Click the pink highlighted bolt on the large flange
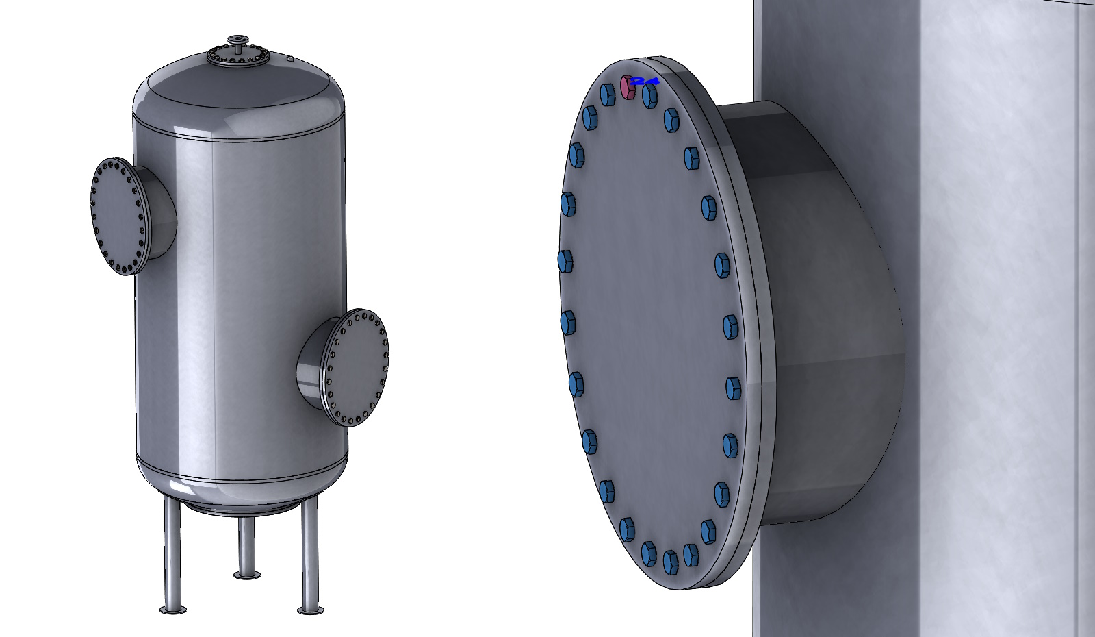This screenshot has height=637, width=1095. point(627,88)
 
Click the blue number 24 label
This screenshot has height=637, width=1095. point(645,81)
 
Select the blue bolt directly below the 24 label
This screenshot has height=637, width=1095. point(649,97)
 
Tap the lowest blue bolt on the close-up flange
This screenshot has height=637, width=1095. point(670,562)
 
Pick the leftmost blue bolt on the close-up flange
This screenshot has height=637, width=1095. point(565,262)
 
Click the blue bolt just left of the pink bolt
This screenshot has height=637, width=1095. point(607,95)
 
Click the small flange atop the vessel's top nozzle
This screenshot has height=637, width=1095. point(237,39)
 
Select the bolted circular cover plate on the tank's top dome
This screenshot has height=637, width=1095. point(237,58)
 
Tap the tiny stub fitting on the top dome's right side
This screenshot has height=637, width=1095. point(290,60)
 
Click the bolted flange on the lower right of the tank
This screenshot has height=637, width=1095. point(356,367)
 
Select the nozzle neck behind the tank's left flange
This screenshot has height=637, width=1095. point(161,212)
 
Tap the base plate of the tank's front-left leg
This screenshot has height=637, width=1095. point(173,610)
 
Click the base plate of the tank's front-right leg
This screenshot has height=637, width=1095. point(310,610)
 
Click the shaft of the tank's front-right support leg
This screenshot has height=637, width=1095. point(310,548)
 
